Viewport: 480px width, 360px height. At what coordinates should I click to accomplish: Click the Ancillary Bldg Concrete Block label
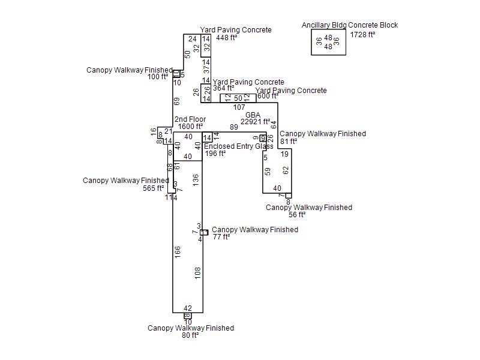click(350, 25)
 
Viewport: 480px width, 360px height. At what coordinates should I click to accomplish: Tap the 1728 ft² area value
click(362, 34)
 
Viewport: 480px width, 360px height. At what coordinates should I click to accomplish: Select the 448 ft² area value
click(226, 38)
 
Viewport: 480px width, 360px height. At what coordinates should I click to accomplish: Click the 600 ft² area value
click(268, 96)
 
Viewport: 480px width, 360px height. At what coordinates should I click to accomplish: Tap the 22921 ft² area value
click(255, 122)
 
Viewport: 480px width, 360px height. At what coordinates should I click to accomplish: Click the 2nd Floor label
click(190, 119)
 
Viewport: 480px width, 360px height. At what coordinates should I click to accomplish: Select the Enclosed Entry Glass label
click(239, 146)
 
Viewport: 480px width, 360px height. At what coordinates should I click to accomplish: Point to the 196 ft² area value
click(215, 154)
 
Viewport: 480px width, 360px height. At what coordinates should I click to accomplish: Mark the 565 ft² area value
click(153, 188)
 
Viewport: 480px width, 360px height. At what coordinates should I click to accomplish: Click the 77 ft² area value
click(221, 237)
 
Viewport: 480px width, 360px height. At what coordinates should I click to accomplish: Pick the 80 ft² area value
click(190, 335)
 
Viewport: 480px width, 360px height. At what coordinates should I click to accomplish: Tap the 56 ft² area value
click(297, 215)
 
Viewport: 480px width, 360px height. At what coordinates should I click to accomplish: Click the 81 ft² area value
click(289, 142)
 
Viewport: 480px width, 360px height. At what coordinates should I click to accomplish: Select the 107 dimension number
click(239, 107)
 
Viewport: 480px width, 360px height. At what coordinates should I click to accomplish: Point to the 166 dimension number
click(178, 252)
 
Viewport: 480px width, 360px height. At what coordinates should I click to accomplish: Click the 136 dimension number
click(196, 180)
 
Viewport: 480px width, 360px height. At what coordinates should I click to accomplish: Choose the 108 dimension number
click(198, 273)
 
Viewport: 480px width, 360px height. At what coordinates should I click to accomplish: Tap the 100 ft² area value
click(158, 77)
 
